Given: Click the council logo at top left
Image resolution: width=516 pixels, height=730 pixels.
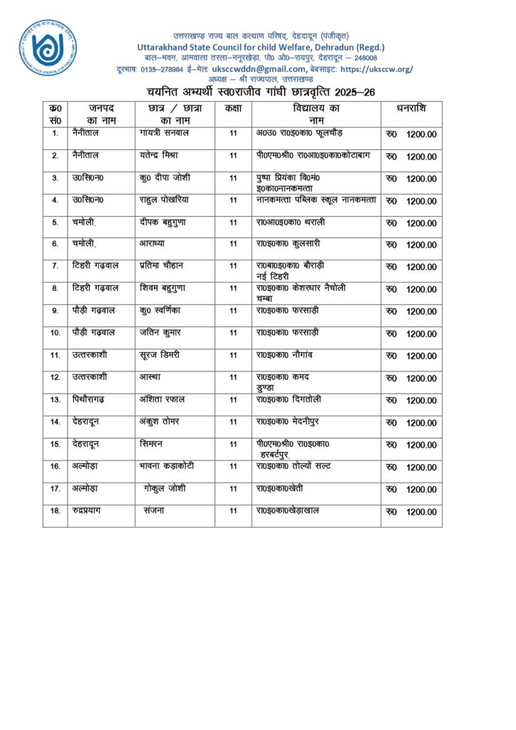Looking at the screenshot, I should (47, 48).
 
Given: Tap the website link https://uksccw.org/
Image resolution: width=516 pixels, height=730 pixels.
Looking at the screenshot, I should (377, 68).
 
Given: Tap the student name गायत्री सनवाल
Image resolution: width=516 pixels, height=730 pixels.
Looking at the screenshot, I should (165, 133).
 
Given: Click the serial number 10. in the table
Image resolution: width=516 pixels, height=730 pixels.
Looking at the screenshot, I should (55, 333).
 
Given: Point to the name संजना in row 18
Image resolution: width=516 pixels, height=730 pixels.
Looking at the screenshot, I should (154, 510).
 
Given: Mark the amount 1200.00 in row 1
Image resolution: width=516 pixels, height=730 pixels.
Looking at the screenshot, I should (421, 135).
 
